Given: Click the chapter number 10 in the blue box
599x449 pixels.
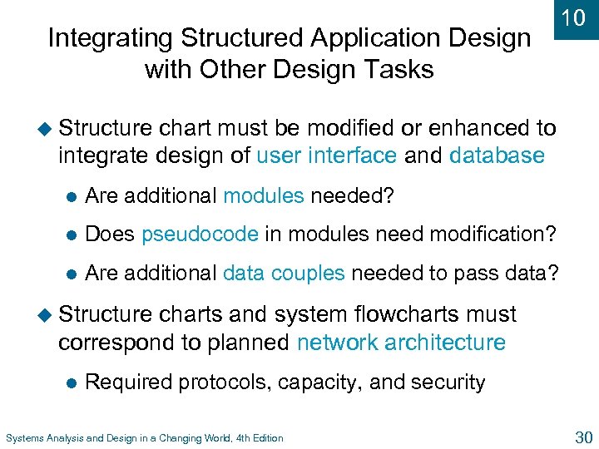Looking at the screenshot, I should click(575, 18).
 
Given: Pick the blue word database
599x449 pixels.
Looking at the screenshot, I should click(497, 155).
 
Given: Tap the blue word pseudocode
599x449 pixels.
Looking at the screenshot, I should click(200, 234).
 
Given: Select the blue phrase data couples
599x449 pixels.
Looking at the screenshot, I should click(284, 273).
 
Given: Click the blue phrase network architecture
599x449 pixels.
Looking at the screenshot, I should click(401, 343).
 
